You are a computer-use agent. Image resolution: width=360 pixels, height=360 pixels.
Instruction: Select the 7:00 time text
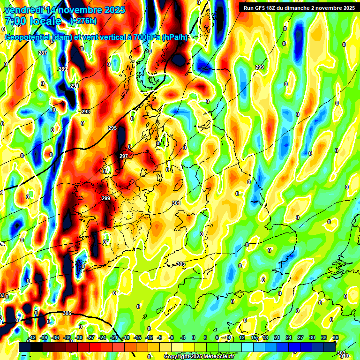14,21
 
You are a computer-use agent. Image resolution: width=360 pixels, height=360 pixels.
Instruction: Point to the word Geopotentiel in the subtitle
28,37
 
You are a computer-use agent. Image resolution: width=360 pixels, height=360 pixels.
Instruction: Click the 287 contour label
43,53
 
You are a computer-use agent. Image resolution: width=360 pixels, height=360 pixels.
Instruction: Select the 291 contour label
75,86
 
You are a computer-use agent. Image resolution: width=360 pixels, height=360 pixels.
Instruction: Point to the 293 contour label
86,112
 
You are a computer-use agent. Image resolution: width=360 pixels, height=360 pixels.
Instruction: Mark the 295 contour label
112,128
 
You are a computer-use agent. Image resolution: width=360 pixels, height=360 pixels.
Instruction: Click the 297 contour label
124,156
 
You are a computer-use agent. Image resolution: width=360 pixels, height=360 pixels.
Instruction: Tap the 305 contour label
67,314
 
